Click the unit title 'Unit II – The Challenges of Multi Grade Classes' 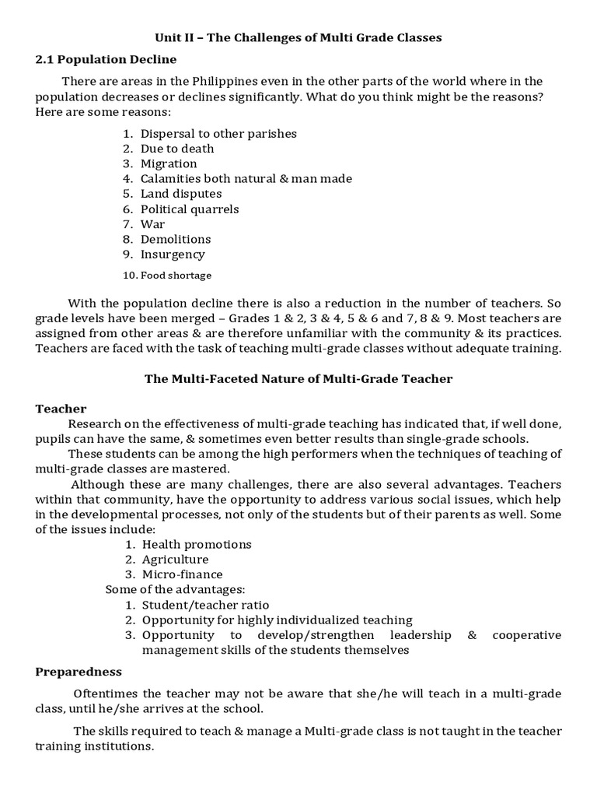click(298, 38)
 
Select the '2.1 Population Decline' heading click(106, 59)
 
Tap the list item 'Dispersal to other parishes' click(218, 133)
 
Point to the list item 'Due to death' click(177, 149)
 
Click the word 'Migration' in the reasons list click(169, 163)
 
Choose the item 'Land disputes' click(181, 194)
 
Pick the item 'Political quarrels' click(190, 209)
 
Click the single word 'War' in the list click(152, 224)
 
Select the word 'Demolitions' click(176, 239)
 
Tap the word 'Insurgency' click(173, 254)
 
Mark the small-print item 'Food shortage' click(176, 276)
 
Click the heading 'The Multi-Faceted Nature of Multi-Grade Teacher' click(298, 379)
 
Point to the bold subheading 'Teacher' click(61, 409)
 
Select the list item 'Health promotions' click(197, 545)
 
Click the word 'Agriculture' click(175, 560)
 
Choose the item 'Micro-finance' click(182, 574)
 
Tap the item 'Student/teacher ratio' click(206, 605)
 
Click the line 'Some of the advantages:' click(175, 589)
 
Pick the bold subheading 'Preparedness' click(79, 671)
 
